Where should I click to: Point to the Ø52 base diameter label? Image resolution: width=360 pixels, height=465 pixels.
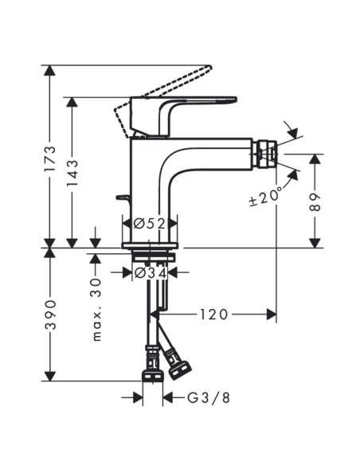(x=150, y=224)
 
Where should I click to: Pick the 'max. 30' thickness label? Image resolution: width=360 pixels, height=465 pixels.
(x=96, y=311)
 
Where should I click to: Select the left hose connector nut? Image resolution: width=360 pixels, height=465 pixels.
(x=151, y=373)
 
